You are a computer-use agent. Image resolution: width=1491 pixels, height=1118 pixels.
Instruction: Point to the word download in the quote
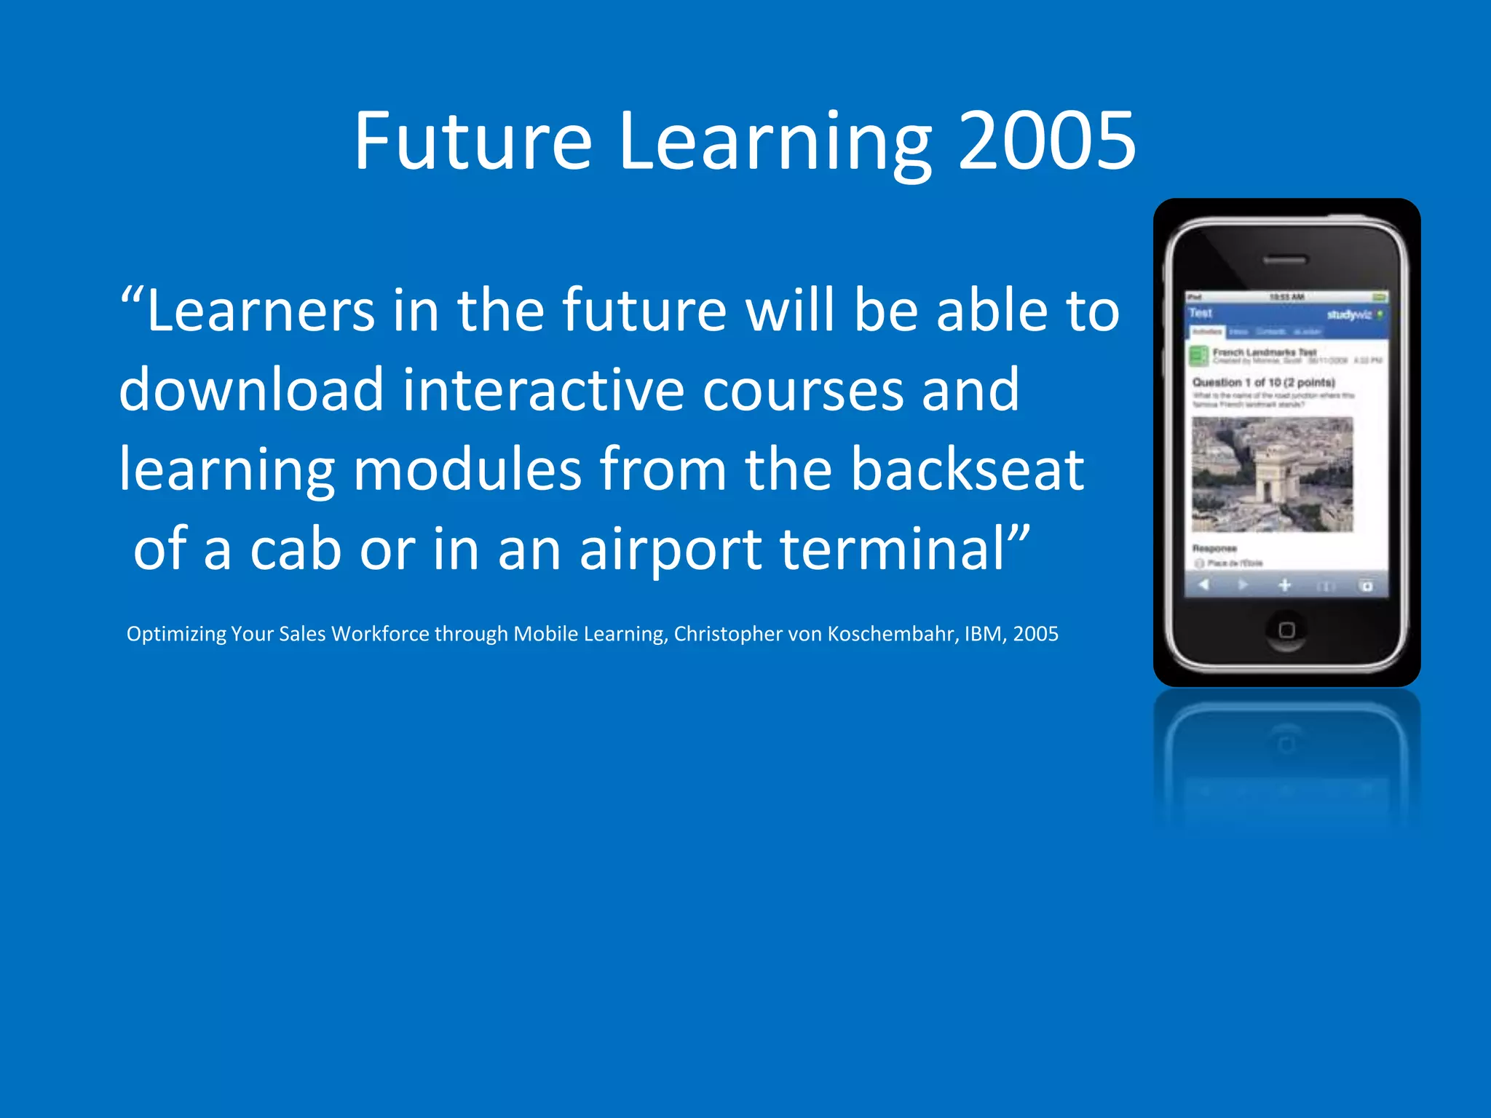coord(251,390)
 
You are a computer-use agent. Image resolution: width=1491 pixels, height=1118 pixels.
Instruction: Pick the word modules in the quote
coord(467,469)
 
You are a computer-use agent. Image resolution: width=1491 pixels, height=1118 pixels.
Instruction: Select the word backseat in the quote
coord(968,469)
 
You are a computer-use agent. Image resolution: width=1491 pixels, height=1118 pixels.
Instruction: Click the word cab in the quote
coord(296,549)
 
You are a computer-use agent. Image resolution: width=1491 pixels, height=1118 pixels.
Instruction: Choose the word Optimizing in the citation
coord(176,634)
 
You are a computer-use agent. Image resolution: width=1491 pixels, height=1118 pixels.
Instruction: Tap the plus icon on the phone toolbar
coord(1285,585)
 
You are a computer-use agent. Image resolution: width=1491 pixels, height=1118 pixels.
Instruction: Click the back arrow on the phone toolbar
coord(1203,584)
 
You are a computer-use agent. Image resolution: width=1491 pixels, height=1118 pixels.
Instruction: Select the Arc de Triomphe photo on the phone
coord(1273,475)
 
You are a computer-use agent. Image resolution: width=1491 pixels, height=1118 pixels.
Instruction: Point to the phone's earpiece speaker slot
coord(1286,260)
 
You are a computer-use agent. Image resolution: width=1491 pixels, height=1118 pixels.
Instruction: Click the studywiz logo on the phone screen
coord(1348,314)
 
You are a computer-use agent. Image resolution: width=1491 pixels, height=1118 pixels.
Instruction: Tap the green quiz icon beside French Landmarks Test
coord(1198,356)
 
